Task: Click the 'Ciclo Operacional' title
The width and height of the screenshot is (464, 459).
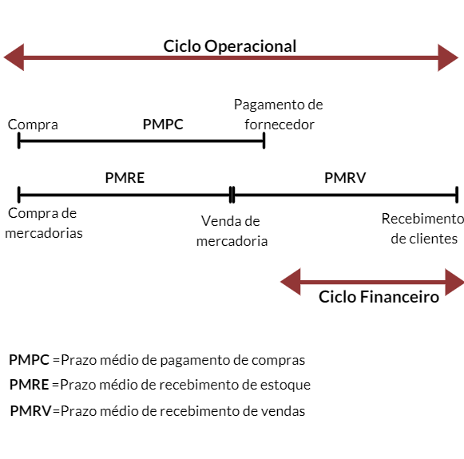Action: [x=230, y=46]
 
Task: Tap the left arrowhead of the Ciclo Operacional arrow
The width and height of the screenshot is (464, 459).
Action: [x=14, y=57]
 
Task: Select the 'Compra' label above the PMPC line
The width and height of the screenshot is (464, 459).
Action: [x=33, y=125]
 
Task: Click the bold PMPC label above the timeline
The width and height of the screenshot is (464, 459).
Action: [x=163, y=125]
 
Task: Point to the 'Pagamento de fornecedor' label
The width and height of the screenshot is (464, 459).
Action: [x=278, y=115]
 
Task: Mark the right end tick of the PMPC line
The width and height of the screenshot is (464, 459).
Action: [x=264, y=141]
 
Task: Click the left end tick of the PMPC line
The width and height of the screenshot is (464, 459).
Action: [x=18, y=141]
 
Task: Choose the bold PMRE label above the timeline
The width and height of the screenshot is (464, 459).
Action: [x=125, y=177]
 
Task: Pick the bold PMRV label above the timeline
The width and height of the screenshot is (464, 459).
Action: [x=345, y=177]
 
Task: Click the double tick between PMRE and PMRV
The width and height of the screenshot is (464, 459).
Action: [x=232, y=193]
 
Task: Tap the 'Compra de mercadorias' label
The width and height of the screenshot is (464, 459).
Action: [x=43, y=223]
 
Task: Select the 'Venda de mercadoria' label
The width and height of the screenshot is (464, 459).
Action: [x=232, y=231]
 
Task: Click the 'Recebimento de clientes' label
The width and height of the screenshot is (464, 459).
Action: [x=422, y=228]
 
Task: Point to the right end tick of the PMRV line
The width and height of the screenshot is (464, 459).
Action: [x=456, y=193]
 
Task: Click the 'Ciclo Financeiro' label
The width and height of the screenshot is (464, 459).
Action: [x=379, y=297]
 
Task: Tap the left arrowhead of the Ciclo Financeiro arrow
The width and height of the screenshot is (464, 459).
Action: [x=291, y=281]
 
